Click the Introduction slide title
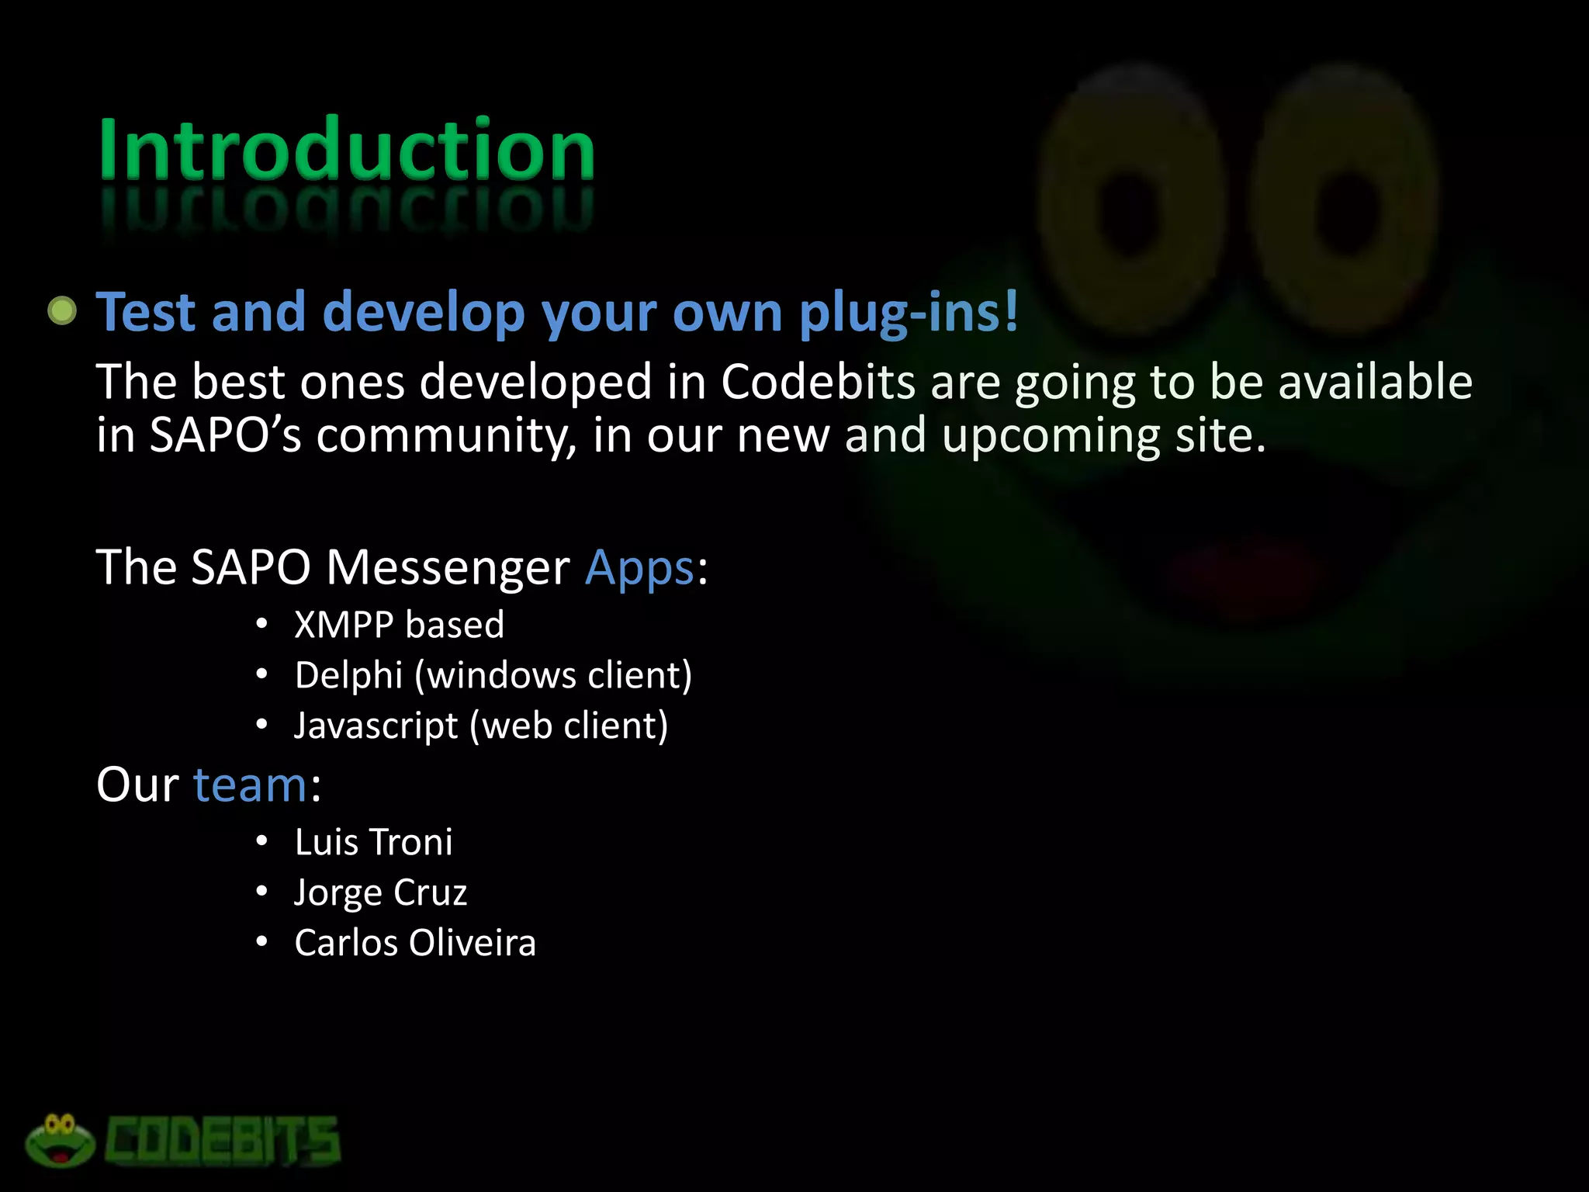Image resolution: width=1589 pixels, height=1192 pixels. (346, 149)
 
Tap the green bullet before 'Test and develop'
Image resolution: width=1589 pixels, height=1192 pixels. (62, 311)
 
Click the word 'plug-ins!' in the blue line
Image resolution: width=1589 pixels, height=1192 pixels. (909, 312)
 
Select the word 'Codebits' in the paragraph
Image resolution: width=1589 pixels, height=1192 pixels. (818, 382)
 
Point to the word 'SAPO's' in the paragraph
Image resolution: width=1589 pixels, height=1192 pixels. (225, 435)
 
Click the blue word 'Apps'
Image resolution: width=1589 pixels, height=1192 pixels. (639, 567)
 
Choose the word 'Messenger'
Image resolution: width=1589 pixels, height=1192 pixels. (448, 567)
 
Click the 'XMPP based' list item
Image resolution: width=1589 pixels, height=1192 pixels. (399, 625)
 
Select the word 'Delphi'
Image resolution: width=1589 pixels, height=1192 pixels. (348, 675)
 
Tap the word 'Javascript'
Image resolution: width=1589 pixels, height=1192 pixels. (376, 726)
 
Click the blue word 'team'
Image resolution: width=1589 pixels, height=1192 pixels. (250, 785)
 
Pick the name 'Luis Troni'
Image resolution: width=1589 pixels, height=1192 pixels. (373, 842)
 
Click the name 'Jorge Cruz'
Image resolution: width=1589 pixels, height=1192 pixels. (380, 892)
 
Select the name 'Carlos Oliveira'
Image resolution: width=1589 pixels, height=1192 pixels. (415, 943)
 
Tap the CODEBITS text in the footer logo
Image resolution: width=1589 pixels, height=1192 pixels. (223, 1141)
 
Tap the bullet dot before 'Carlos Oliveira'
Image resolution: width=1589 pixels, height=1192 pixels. (262, 942)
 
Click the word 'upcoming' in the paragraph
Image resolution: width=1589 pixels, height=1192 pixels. (1050, 435)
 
